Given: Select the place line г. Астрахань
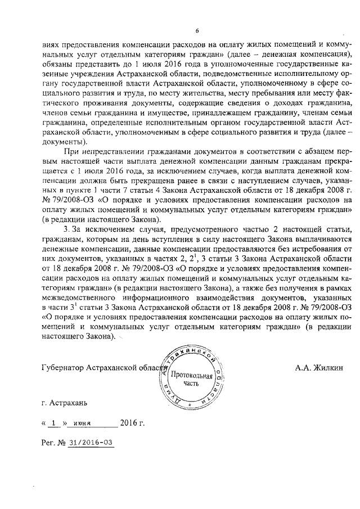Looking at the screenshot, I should pos(65,403).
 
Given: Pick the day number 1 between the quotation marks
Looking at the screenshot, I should pos(53,422).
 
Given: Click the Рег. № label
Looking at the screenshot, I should pos(53,442).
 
